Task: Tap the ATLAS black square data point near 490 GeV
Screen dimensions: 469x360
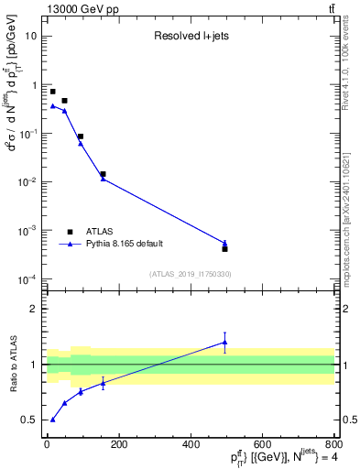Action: pyautogui.click(x=224, y=248)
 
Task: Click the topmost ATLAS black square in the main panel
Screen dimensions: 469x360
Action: pyautogui.click(x=52, y=92)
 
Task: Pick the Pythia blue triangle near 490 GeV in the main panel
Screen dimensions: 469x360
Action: pyautogui.click(x=224, y=243)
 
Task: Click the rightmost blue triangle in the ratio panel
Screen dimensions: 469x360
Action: pyautogui.click(x=224, y=343)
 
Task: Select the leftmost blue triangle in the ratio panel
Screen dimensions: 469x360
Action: pyautogui.click(x=52, y=420)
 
